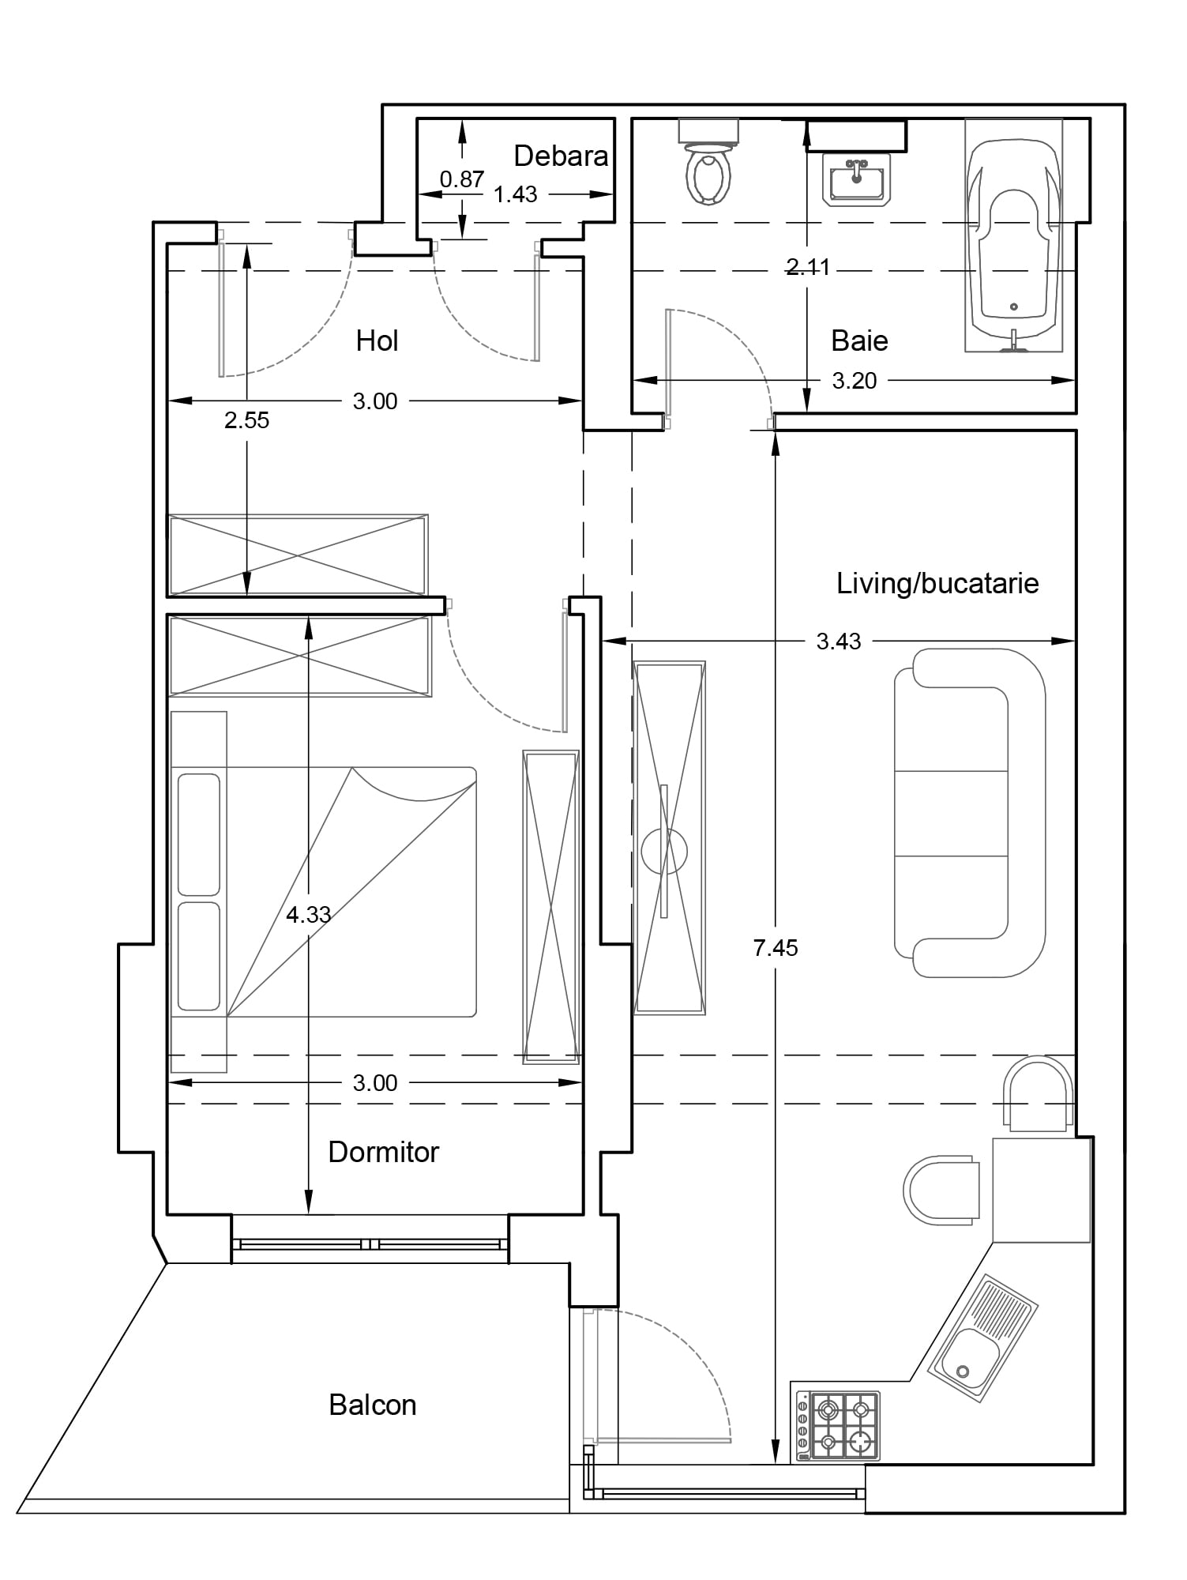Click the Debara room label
[x=561, y=156]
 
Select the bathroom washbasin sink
[x=857, y=179]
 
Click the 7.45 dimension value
[x=776, y=947]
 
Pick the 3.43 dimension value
[x=839, y=641]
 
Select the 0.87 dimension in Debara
[x=462, y=179]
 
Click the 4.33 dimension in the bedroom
[x=308, y=915]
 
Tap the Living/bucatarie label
[x=937, y=584]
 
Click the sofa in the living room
[x=970, y=814]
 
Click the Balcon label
[x=372, y=1405]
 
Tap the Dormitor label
[x=383, y=1152]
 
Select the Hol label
[x=377, y=341]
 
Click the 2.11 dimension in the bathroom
[x=808, y=267]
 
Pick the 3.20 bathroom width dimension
[x=855, y=381]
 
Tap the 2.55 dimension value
[x=246, y=420]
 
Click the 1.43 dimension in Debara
[x=516, y=194]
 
